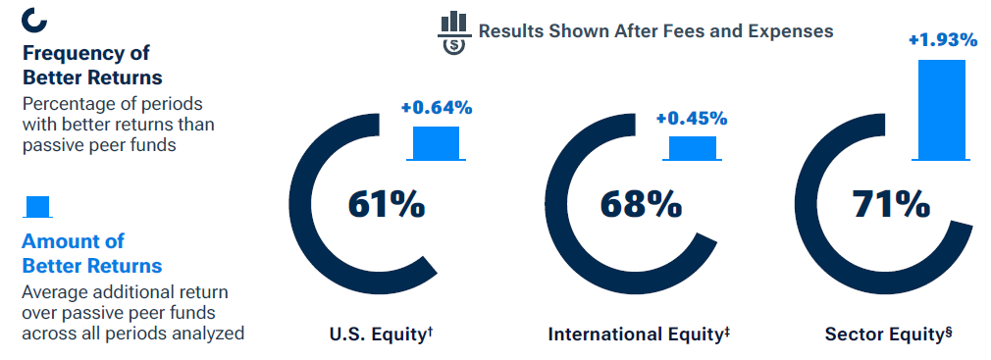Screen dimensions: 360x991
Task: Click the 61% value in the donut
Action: coord(386,206)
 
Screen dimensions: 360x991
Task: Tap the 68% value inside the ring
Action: coord(641,206)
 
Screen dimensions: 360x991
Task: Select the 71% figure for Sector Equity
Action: coord(890,206)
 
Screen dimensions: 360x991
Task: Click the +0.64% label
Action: coord(437,108)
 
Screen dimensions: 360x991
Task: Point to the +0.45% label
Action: coord(692,119)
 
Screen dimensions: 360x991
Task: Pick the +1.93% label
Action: coord(943,40)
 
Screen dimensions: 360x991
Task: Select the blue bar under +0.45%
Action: coord(692,147)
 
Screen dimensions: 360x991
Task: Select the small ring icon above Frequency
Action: coord(33,19)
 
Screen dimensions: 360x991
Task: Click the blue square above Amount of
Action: coord(37,206)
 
